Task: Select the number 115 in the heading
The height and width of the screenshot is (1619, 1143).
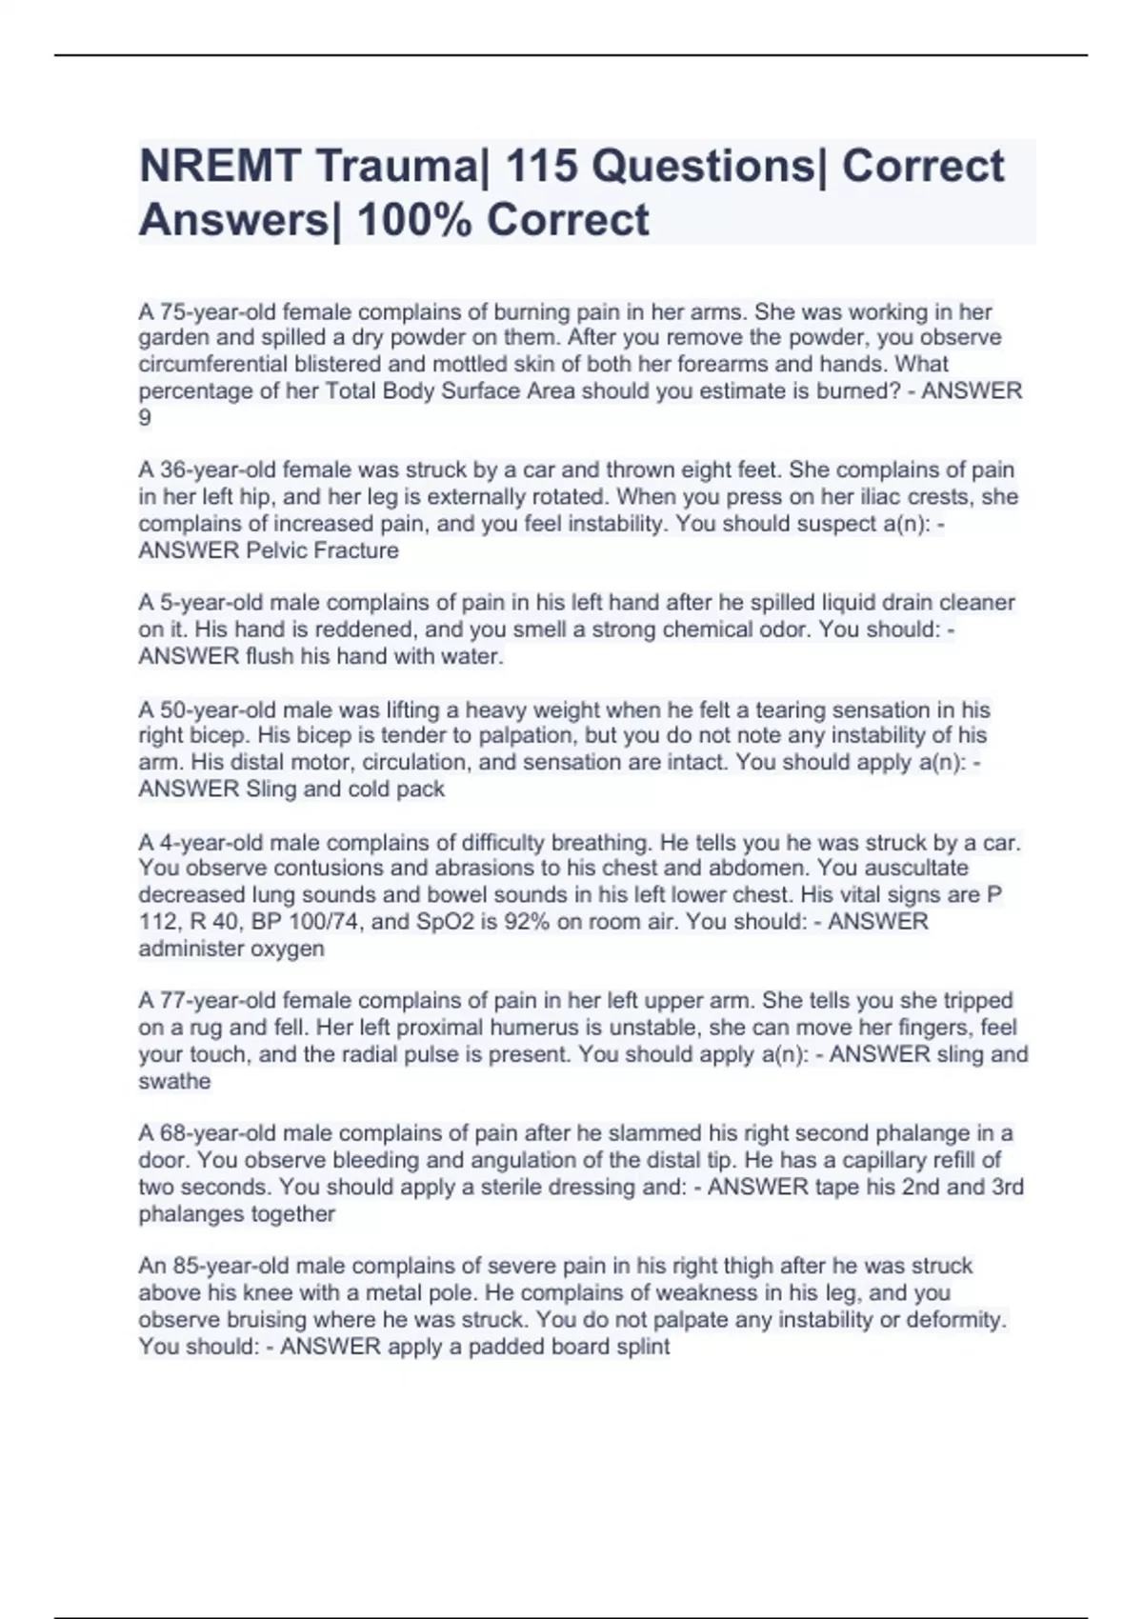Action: [540, 167]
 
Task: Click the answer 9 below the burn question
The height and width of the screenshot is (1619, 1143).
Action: [145, 417]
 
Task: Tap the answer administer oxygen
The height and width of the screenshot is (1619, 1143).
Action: [231, 949]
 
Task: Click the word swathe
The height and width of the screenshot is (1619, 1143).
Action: [174, 1081]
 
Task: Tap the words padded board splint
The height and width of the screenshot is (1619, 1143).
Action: [569, 1347]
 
